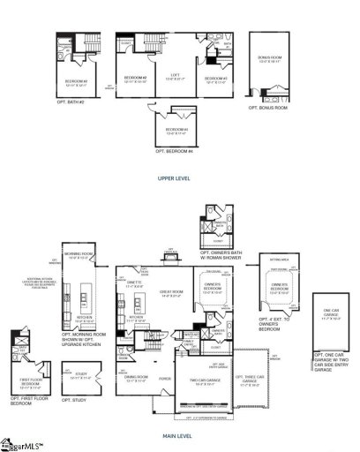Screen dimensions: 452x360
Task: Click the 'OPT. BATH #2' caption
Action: [x=76, y=104]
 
